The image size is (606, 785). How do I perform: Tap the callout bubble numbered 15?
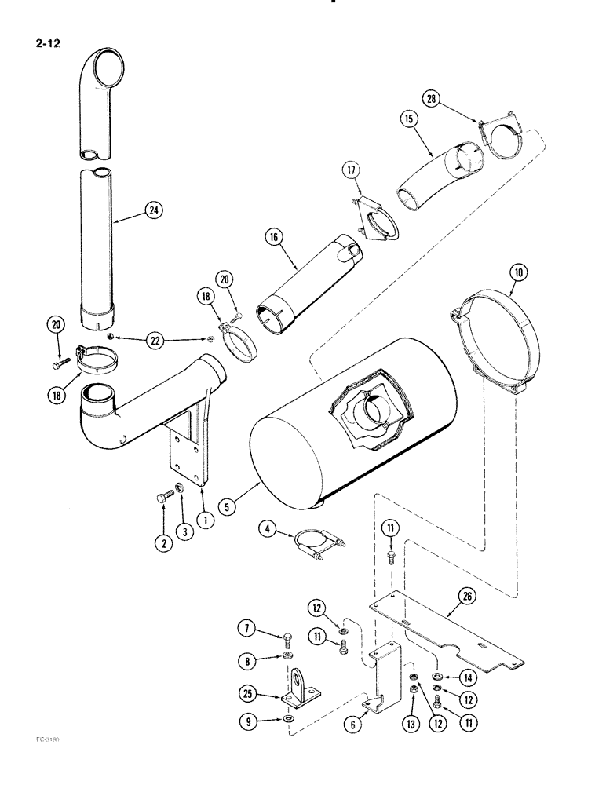click(407, 119)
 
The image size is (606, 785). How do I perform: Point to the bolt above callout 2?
click(163, 497)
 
